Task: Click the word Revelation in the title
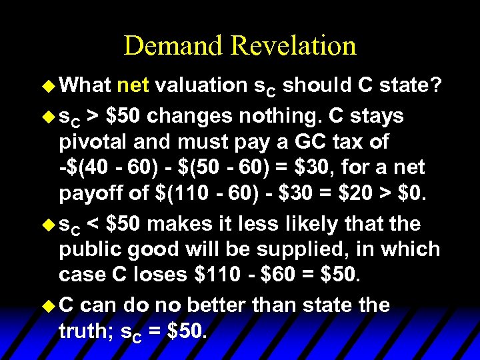click(x=293, y=46)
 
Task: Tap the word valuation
click(x=203, y=85)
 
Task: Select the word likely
click(x=315, y=223)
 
